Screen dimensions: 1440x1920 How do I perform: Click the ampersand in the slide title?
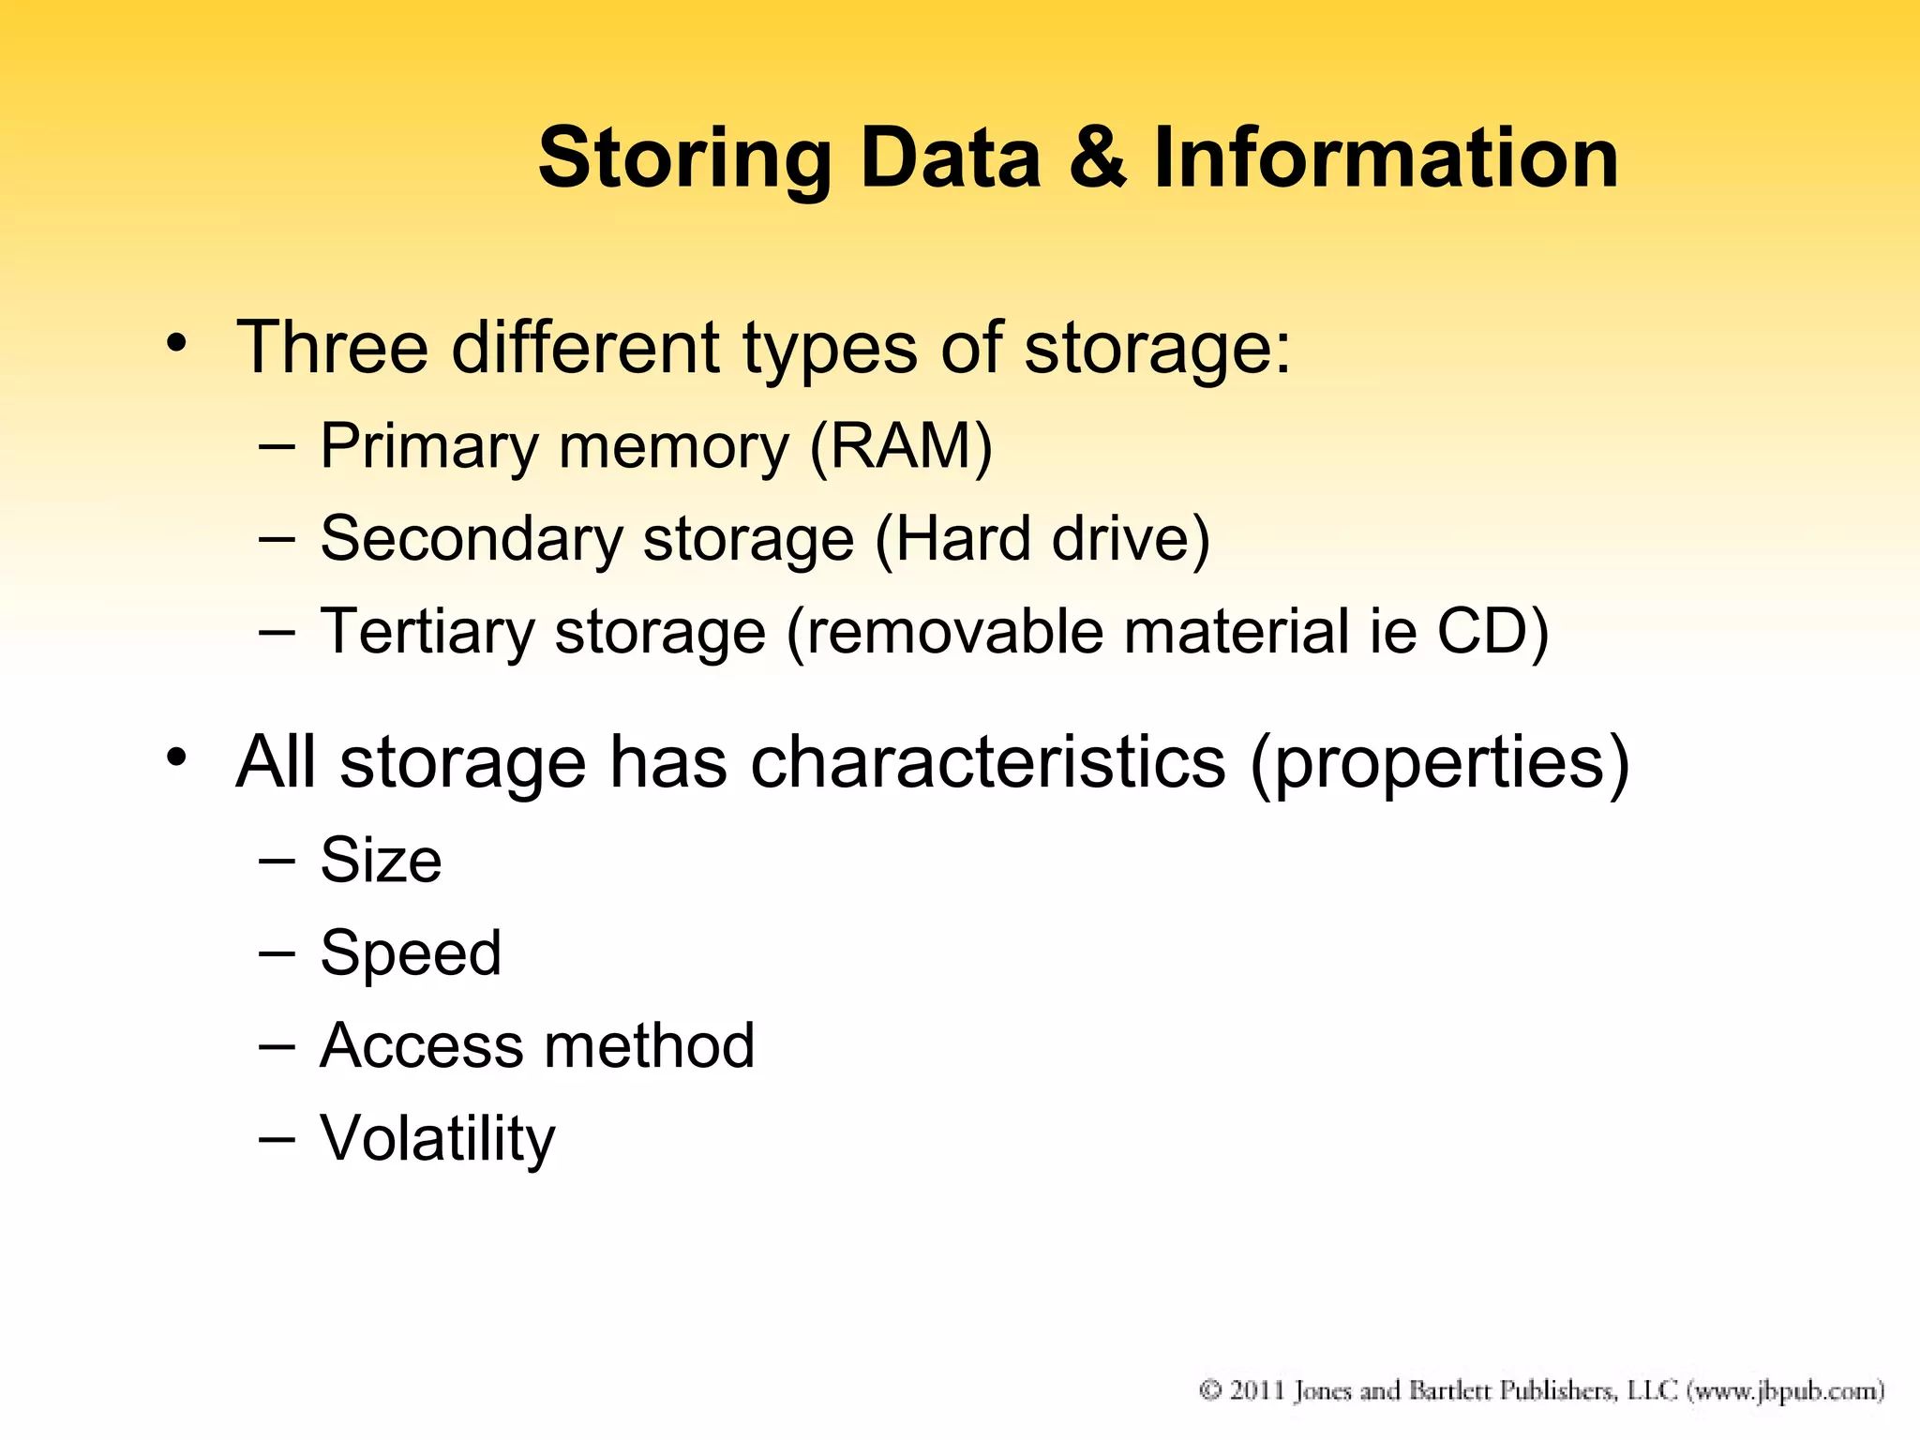[x=1098, y=157]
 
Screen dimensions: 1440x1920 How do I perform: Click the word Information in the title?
[x=1386, y=157]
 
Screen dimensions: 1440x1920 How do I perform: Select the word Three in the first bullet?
[x=332, y=348]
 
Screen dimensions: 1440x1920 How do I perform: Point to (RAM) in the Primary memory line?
[x=900, y=447]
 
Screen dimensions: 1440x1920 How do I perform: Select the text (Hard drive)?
[x=1042, y=540]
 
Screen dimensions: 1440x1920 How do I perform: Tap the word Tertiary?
[x=427, y=633]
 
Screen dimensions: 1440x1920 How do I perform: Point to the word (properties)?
[x=1439, y=763]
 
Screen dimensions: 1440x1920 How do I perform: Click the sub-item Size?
[x=381, y=860]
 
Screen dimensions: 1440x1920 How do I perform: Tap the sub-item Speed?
[x=411, y=953]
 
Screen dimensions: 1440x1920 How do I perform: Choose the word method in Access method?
[x=648, y=1045]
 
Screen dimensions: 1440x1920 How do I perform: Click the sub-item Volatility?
[x=437, y=1139]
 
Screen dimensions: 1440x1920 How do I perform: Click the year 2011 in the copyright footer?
[x=1256, y=1390]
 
